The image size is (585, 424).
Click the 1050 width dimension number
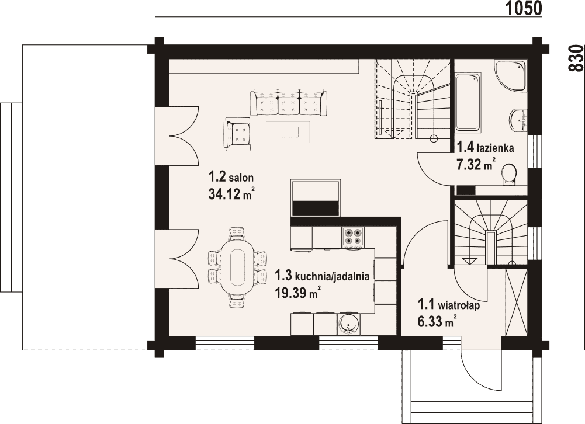pos(523,8)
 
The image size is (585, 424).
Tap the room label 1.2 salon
pos(231,176)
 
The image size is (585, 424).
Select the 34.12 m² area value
pos(231,193)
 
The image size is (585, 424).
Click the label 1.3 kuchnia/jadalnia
pos(322,276)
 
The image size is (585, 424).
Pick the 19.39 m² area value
pos(298,293)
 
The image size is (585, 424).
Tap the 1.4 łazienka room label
pos(485,148)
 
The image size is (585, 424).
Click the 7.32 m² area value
pos(476,164)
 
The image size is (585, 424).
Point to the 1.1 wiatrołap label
pos(449,305)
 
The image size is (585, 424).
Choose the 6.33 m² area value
pos(437,321)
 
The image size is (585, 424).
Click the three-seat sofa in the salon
pos(289,102)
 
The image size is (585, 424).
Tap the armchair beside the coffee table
pos(237,134)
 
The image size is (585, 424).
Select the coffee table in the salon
pos(288,131)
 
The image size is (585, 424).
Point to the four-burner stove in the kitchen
pos(353,238)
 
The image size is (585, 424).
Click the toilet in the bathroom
pos(509,174)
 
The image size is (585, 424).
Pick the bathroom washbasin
pos(518,120)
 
